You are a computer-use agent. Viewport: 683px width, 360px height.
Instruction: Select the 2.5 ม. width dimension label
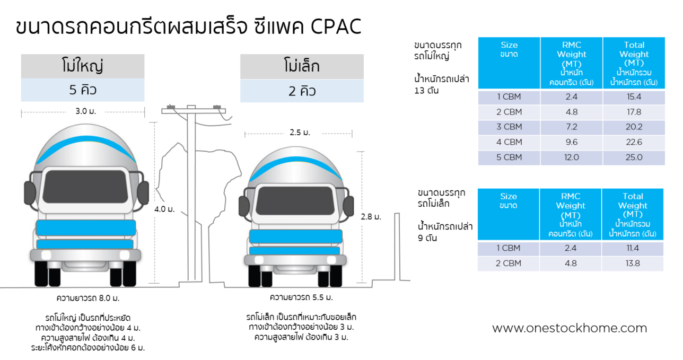click(300, 133)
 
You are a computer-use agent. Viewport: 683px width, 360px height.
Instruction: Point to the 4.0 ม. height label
click(164, 209)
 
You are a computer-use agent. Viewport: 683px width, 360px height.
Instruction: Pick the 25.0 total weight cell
click(634, 157)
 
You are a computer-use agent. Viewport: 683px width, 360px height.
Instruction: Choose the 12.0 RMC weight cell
click(572, 157)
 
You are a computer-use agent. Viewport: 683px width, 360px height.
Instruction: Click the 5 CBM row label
click(509, 157)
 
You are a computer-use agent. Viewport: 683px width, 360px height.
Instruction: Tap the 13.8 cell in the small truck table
click(633, 264)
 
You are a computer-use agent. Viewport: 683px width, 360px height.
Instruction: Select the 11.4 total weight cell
click(633, 248)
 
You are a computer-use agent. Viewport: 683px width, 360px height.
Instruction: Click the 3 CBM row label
click(509, 127)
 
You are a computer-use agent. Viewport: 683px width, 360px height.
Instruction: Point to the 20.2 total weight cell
click(634, 127)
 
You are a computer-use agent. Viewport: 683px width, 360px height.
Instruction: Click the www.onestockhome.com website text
click(570, 328)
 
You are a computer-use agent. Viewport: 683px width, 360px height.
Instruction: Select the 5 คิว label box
click(83, 90)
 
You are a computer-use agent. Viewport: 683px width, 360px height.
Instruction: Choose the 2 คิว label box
click(302, 91)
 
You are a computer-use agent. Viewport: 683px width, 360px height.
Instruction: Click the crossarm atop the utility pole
click(194, 111)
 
